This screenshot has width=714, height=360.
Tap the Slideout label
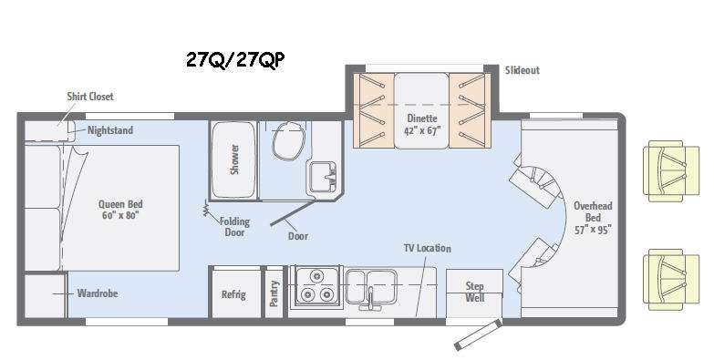point(522,70)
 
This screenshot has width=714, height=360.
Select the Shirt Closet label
point(89,96)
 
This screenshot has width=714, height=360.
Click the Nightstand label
point(110,130)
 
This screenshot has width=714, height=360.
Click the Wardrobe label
point(97,293)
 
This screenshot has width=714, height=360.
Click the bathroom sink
point(321,176)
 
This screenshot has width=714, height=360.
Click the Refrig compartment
point(234,293)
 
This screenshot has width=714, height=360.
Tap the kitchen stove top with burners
point(316,285)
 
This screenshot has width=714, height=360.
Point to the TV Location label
point(428,249)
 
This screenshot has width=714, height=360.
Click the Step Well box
point(474,292)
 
